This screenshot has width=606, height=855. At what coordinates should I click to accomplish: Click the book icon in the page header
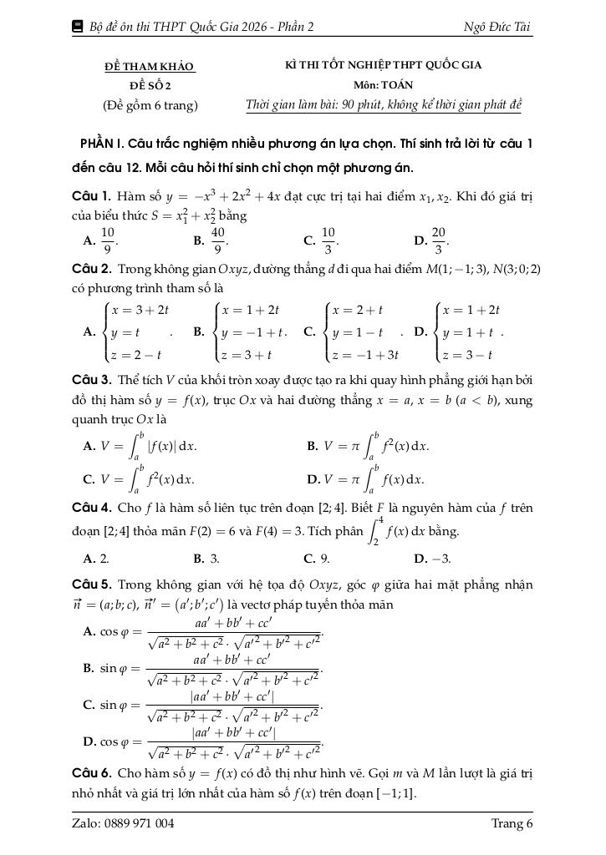[79, 27]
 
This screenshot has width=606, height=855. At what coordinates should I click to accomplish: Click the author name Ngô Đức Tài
[497, 27]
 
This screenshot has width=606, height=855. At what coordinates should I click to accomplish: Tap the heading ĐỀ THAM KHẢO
[150, 66]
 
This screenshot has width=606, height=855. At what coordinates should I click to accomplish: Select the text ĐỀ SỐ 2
[150, 85]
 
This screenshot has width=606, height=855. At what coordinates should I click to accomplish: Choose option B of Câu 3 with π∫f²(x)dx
[368, 445]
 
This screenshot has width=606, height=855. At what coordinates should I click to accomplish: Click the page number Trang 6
[512, 824]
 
